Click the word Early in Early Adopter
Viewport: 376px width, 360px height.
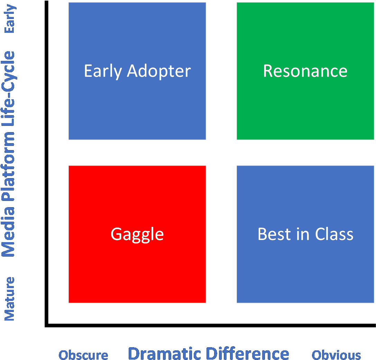pos(103,72)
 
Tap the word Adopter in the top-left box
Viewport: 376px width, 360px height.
pos(159,72)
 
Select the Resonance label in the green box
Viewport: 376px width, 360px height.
pos(305,71)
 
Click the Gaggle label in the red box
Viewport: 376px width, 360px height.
pos(137,235)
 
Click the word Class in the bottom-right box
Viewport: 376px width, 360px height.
pos(334,234)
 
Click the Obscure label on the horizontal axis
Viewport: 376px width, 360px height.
pos(83,355)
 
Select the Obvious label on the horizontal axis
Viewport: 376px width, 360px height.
pos(336,355)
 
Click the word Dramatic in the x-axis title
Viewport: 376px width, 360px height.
pos(165,353)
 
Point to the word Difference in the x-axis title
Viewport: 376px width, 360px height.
pos(247,353)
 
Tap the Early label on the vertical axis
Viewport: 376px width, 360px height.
pos(10,19)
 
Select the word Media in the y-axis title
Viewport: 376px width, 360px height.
pos(8,232)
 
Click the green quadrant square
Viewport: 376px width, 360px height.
pos(305,71)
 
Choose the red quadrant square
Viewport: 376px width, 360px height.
pos(137,234)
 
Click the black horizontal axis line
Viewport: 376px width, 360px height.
pos(210,325)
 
